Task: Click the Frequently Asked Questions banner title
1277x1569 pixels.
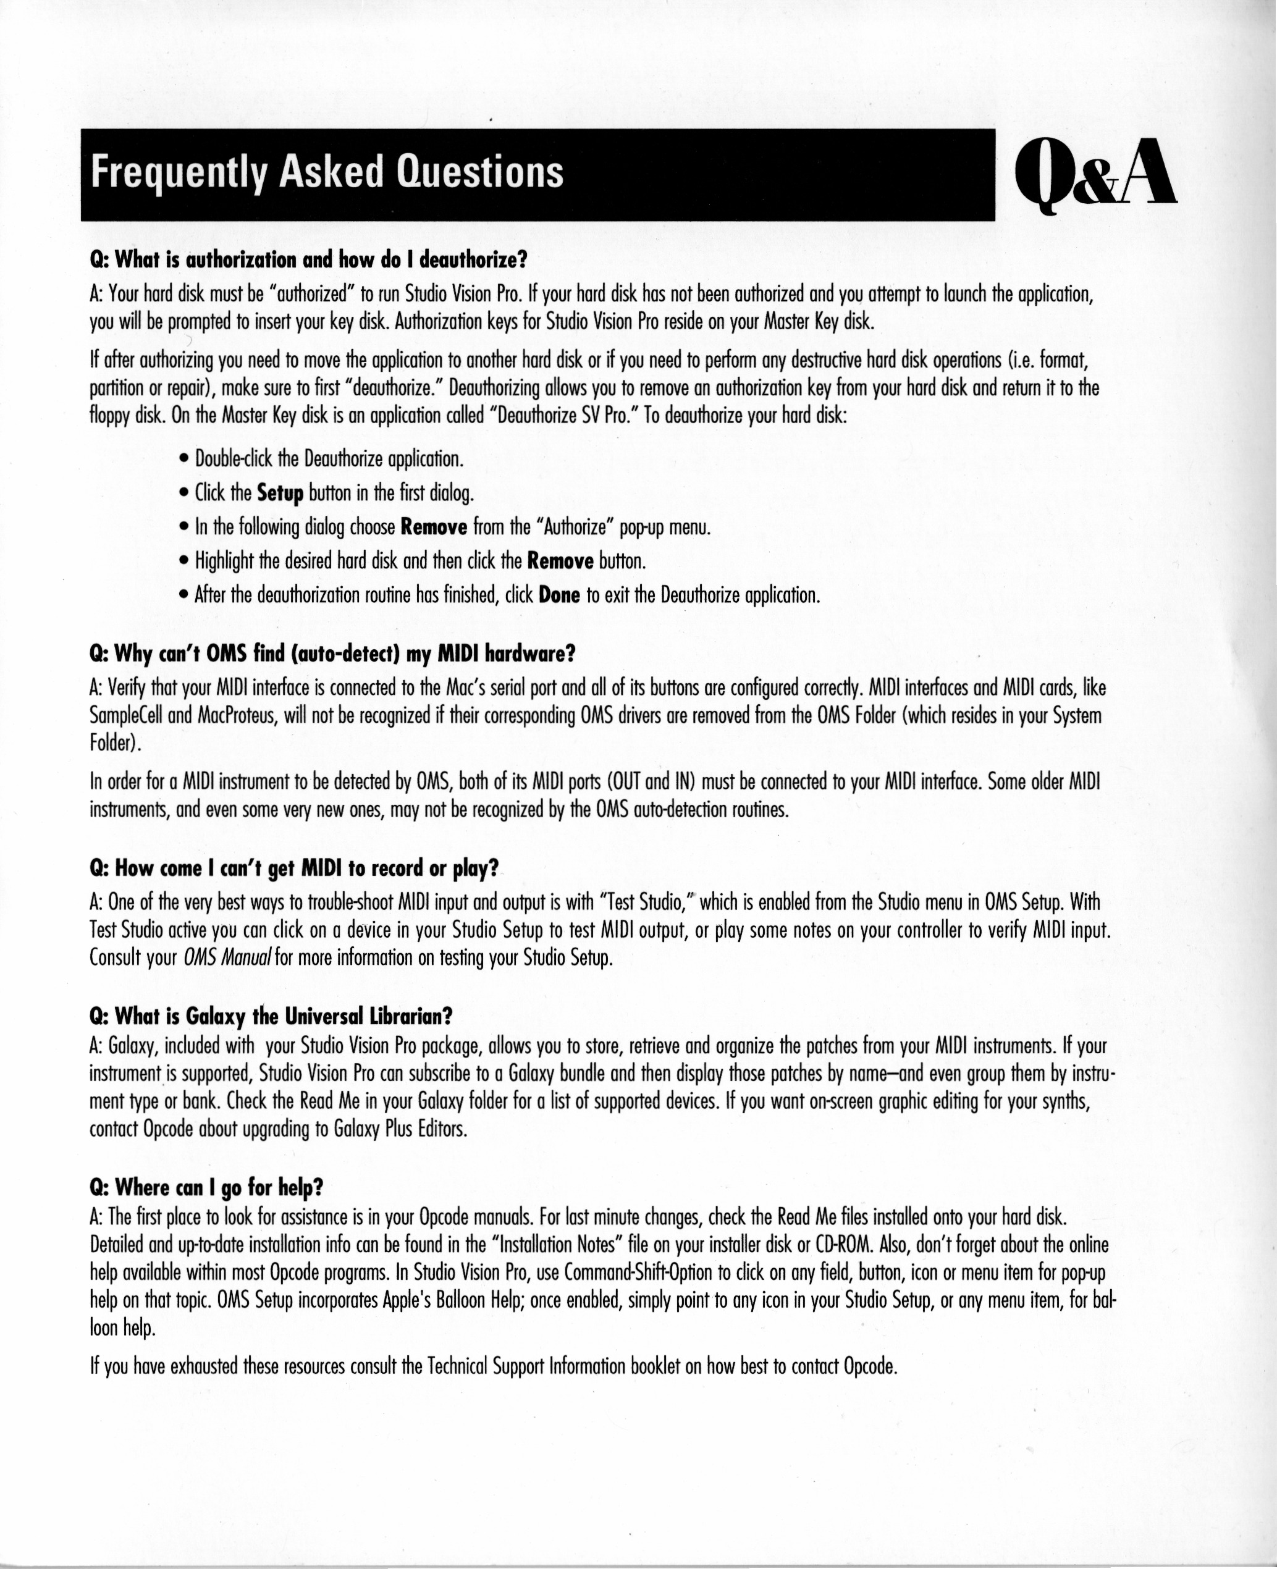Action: (327, 173)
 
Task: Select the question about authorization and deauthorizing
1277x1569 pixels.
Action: (309, 259)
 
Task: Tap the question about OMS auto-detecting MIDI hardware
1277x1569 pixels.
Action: (332, 653)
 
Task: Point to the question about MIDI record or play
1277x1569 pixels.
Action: (293, 869)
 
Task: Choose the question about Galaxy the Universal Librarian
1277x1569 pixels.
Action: (270, 1017)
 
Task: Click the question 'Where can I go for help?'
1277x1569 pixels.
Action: (207, 1188)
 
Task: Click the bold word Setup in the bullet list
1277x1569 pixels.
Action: (280, 494)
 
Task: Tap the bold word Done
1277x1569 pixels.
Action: (560, 595)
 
